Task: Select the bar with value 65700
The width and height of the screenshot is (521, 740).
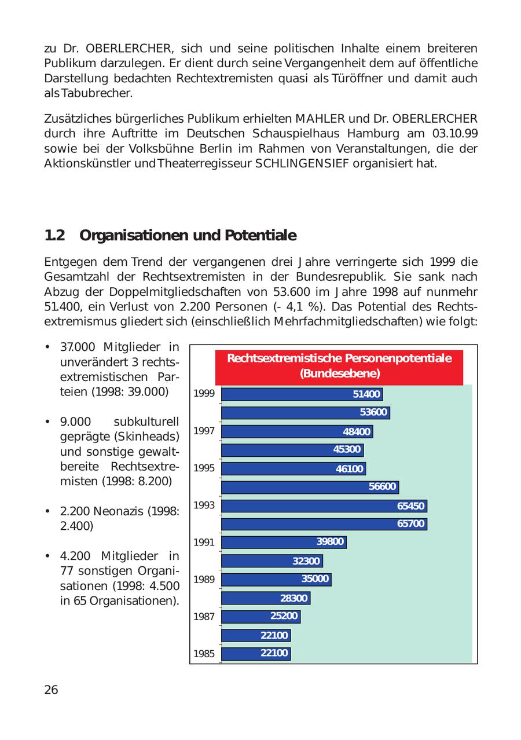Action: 324,524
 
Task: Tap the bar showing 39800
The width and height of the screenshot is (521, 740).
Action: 284,543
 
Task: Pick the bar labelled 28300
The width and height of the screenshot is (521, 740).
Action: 265,598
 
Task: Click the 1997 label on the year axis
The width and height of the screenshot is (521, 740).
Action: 204,431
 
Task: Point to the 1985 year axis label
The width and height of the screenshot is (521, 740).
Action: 204,654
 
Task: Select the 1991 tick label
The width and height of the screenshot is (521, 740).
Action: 204,543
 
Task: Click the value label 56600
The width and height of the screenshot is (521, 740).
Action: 382,487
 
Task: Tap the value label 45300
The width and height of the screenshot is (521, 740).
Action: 347,450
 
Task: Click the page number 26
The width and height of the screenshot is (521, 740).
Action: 51,690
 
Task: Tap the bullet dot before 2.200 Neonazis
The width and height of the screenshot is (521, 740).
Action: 46,511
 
